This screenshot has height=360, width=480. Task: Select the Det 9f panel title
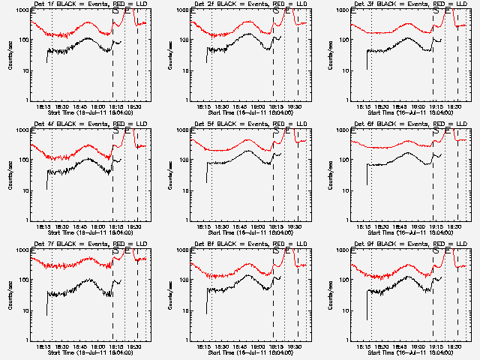pos(409,244)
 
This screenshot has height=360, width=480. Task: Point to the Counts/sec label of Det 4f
pos(10,176)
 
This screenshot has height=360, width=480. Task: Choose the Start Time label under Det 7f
pos(91,352)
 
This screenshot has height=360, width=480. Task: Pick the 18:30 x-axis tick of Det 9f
pos(382,346)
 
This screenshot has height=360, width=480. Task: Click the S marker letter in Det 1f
pos(115,10)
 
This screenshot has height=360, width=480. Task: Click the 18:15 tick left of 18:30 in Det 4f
pos(42,227)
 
